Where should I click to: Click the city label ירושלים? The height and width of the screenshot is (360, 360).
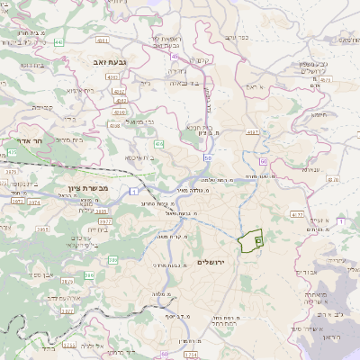pyautogui.click(x=213, y=260)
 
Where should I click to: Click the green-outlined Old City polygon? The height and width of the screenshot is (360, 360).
pyautogui.click(x=249, y=240)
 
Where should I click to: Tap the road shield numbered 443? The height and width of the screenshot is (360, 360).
pyautogui.click(x=58, y=41)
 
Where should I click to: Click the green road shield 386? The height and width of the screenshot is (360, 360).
pyautogui.click(x=113, y=260)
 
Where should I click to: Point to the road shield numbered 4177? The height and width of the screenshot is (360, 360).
pyautogui.click(x=297, y=215)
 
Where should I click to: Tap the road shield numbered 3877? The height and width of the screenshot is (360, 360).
pyautogui.click(x=104, y=219)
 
